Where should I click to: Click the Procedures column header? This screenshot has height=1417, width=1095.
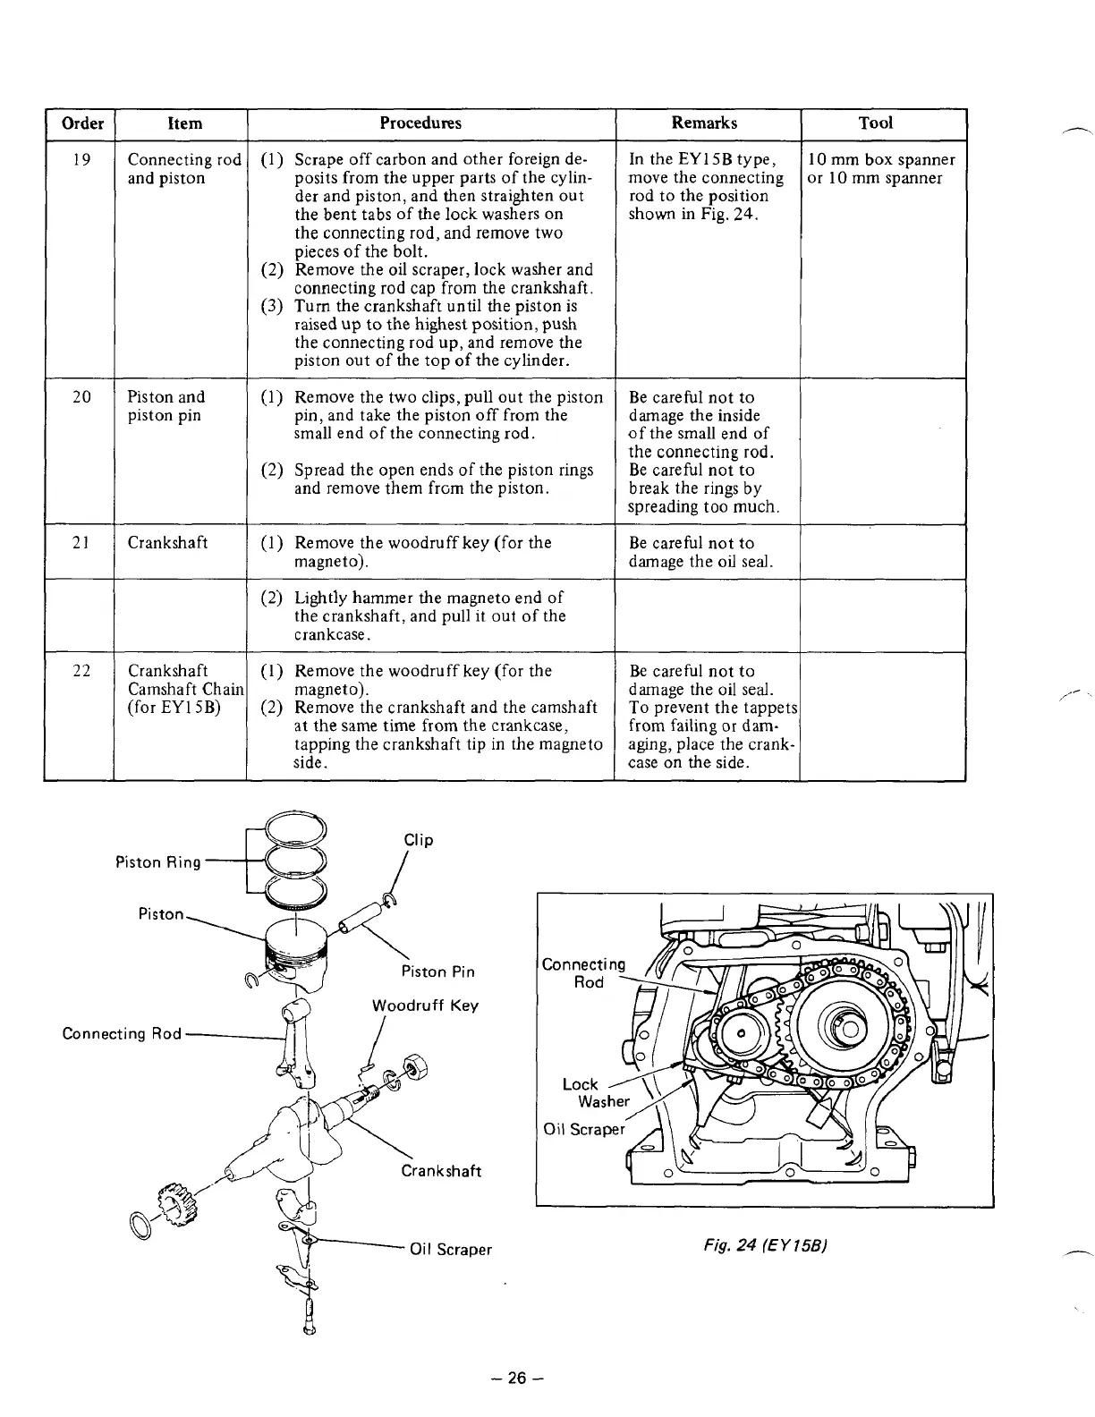click(x=430, y=123)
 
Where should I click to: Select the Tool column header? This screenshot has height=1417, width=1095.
click(x=875, y=123)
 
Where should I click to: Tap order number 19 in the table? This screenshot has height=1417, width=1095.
click(x=81, y=160)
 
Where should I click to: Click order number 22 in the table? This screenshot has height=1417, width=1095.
click(x=81, y=671)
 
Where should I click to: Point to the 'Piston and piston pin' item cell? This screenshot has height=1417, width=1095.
click(x=166, y=406)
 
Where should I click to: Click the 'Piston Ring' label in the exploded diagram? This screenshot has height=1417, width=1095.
click(x=158, y=862)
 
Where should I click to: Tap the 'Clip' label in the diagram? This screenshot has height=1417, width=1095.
click(x=418, y=840)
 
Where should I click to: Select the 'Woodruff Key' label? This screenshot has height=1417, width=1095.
click(x=425, y=1005)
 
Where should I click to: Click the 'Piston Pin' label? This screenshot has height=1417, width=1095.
click(x=437, y=972)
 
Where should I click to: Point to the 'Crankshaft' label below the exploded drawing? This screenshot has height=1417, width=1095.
click(x=441, y=1171)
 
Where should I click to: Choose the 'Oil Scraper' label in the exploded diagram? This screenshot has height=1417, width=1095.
click(x=450, y=1249)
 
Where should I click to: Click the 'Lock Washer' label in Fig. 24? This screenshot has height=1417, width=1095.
click(x=595, y=1092)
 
